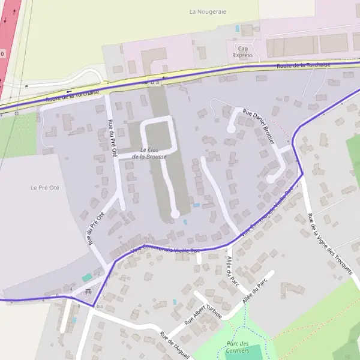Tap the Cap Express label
pos(243,52)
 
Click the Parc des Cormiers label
pos(238,346)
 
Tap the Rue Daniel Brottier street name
pos(259,125)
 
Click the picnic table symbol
pos(88,292)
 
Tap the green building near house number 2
pos(88,277)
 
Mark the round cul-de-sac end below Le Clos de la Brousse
pos(175,214)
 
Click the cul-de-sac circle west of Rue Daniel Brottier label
pos(231,128)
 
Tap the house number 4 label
pos(71,289)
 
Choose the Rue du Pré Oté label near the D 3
pos(112,138)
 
